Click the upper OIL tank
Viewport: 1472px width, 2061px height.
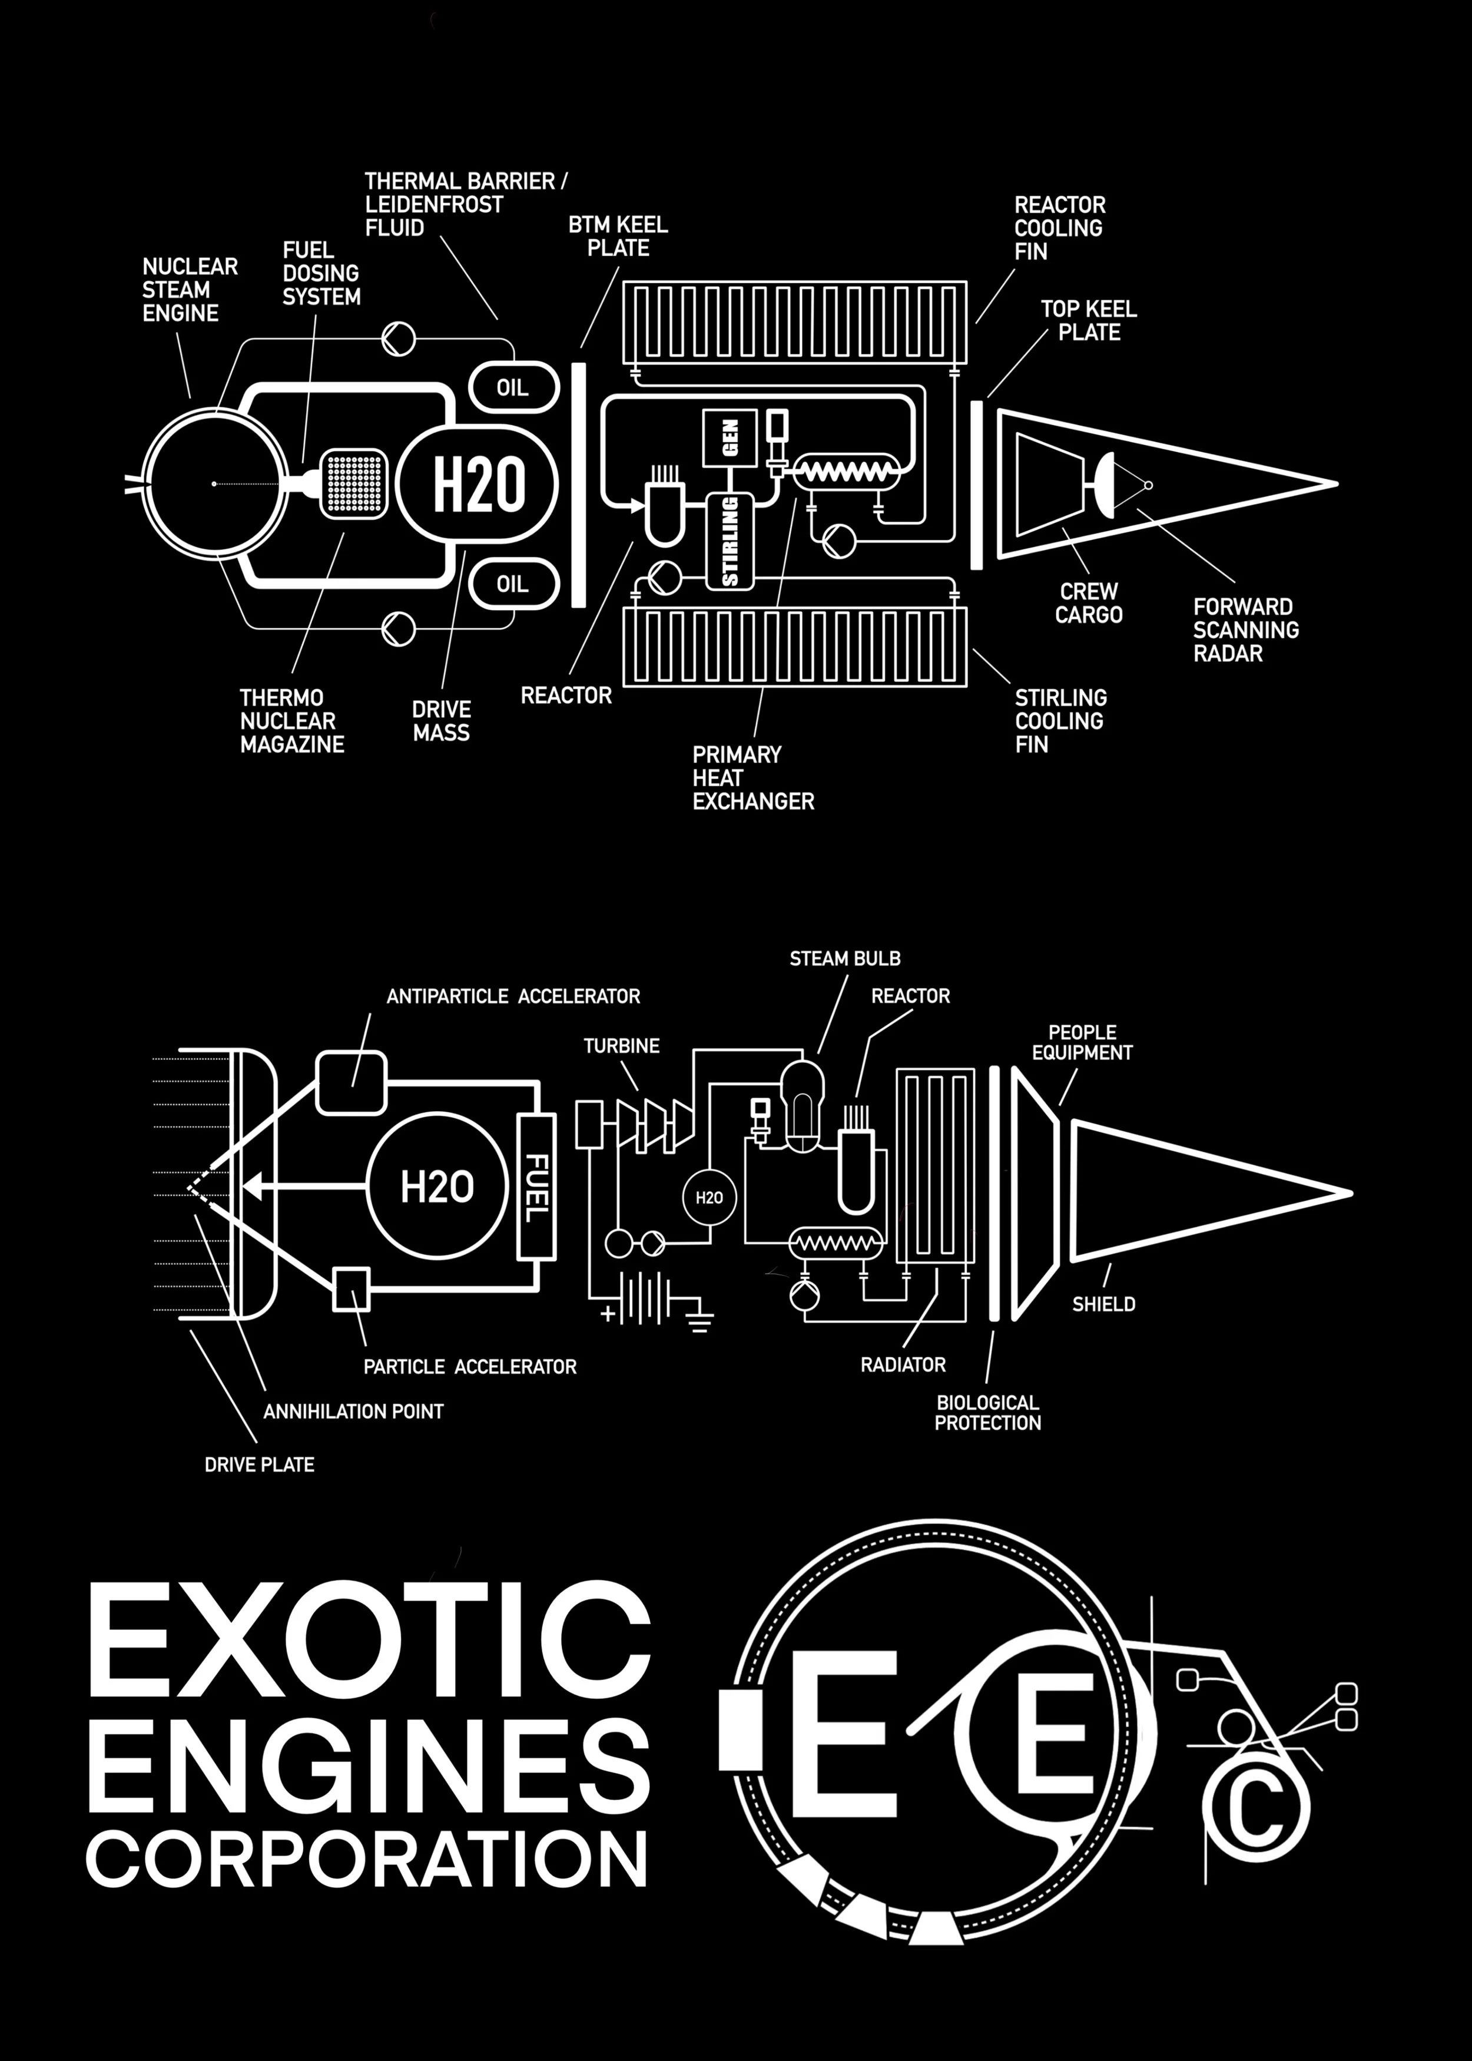(x=512, y=388)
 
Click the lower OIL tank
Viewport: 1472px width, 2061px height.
(x=512, y=585)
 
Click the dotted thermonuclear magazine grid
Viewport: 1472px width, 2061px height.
(x=353, y=483)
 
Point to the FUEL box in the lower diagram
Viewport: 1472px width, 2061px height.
(x=536, y=1187)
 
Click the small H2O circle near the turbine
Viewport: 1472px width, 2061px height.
(x=709, y=1197)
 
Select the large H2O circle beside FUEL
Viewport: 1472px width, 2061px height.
(x=437, y=1187)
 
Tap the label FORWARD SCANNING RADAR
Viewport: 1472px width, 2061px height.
(x=1245, y=630)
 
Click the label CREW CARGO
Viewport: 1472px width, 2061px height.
(x=1089, y=603)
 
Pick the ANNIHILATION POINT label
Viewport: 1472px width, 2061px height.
(x=353, y=1411)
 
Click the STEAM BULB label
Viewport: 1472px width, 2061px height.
(x=845, y=959)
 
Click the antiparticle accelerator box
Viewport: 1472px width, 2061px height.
(x=352, y=1082)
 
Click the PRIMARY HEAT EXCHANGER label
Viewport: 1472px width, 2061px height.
(x=753, y=778)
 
